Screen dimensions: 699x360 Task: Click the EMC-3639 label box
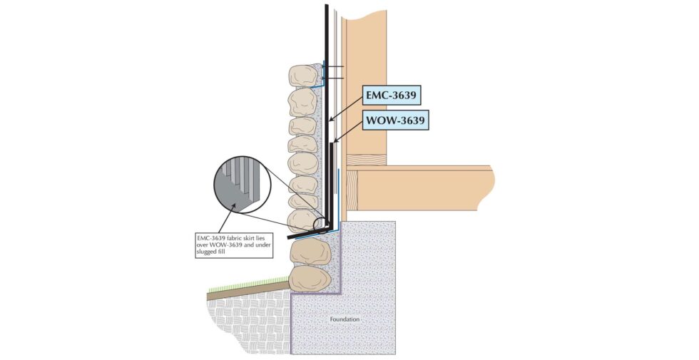point(392,96)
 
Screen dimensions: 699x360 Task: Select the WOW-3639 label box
point(395,120)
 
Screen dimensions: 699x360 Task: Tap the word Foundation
point(345,319)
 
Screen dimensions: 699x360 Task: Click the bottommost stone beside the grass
point(310,279)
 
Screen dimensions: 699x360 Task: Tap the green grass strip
point(248,286)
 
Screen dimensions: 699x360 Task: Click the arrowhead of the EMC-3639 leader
point(330,119)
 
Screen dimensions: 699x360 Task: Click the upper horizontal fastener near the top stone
point(334,67)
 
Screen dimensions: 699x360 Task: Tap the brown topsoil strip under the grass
point(248,293)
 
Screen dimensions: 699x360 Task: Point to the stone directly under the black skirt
point(310,251)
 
